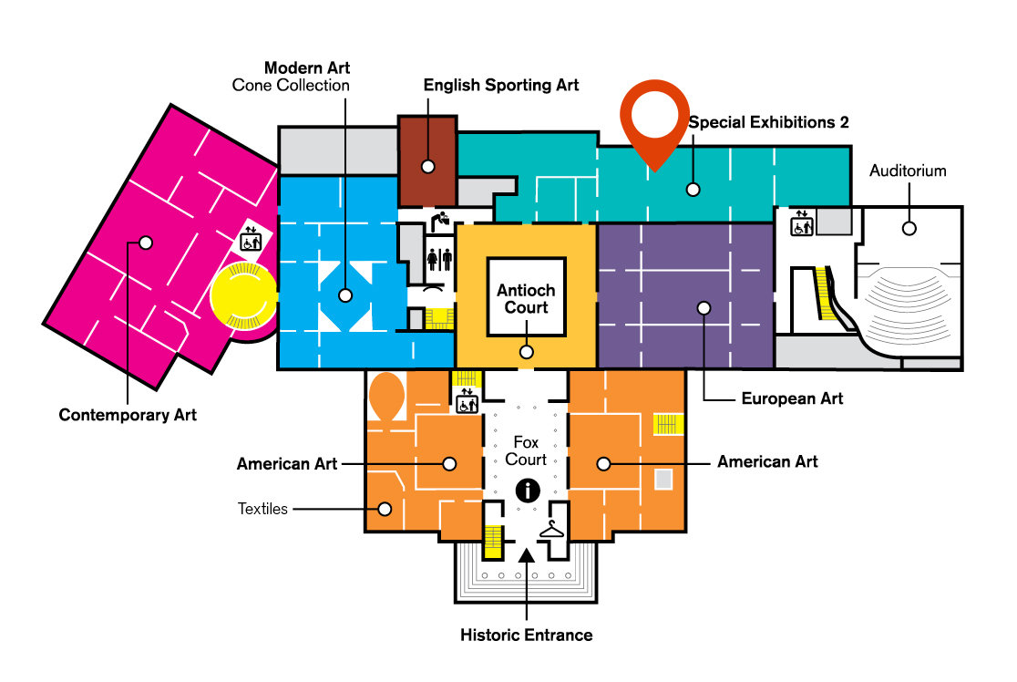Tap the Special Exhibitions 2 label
(768, 122)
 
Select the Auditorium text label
(908, 170)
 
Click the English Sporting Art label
(501, 85)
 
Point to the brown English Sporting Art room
(426, 160)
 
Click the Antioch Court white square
(526, 298)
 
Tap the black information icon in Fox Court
(527, 490)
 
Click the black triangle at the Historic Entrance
(526, 553)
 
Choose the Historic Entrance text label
(526, 635)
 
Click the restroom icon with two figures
(440, 258)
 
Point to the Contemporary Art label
(128, 415)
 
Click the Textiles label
(262, 509)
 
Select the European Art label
(792, 398)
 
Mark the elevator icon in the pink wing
(250, 241)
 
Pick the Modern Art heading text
(307, 67)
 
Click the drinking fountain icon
(440, 220)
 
